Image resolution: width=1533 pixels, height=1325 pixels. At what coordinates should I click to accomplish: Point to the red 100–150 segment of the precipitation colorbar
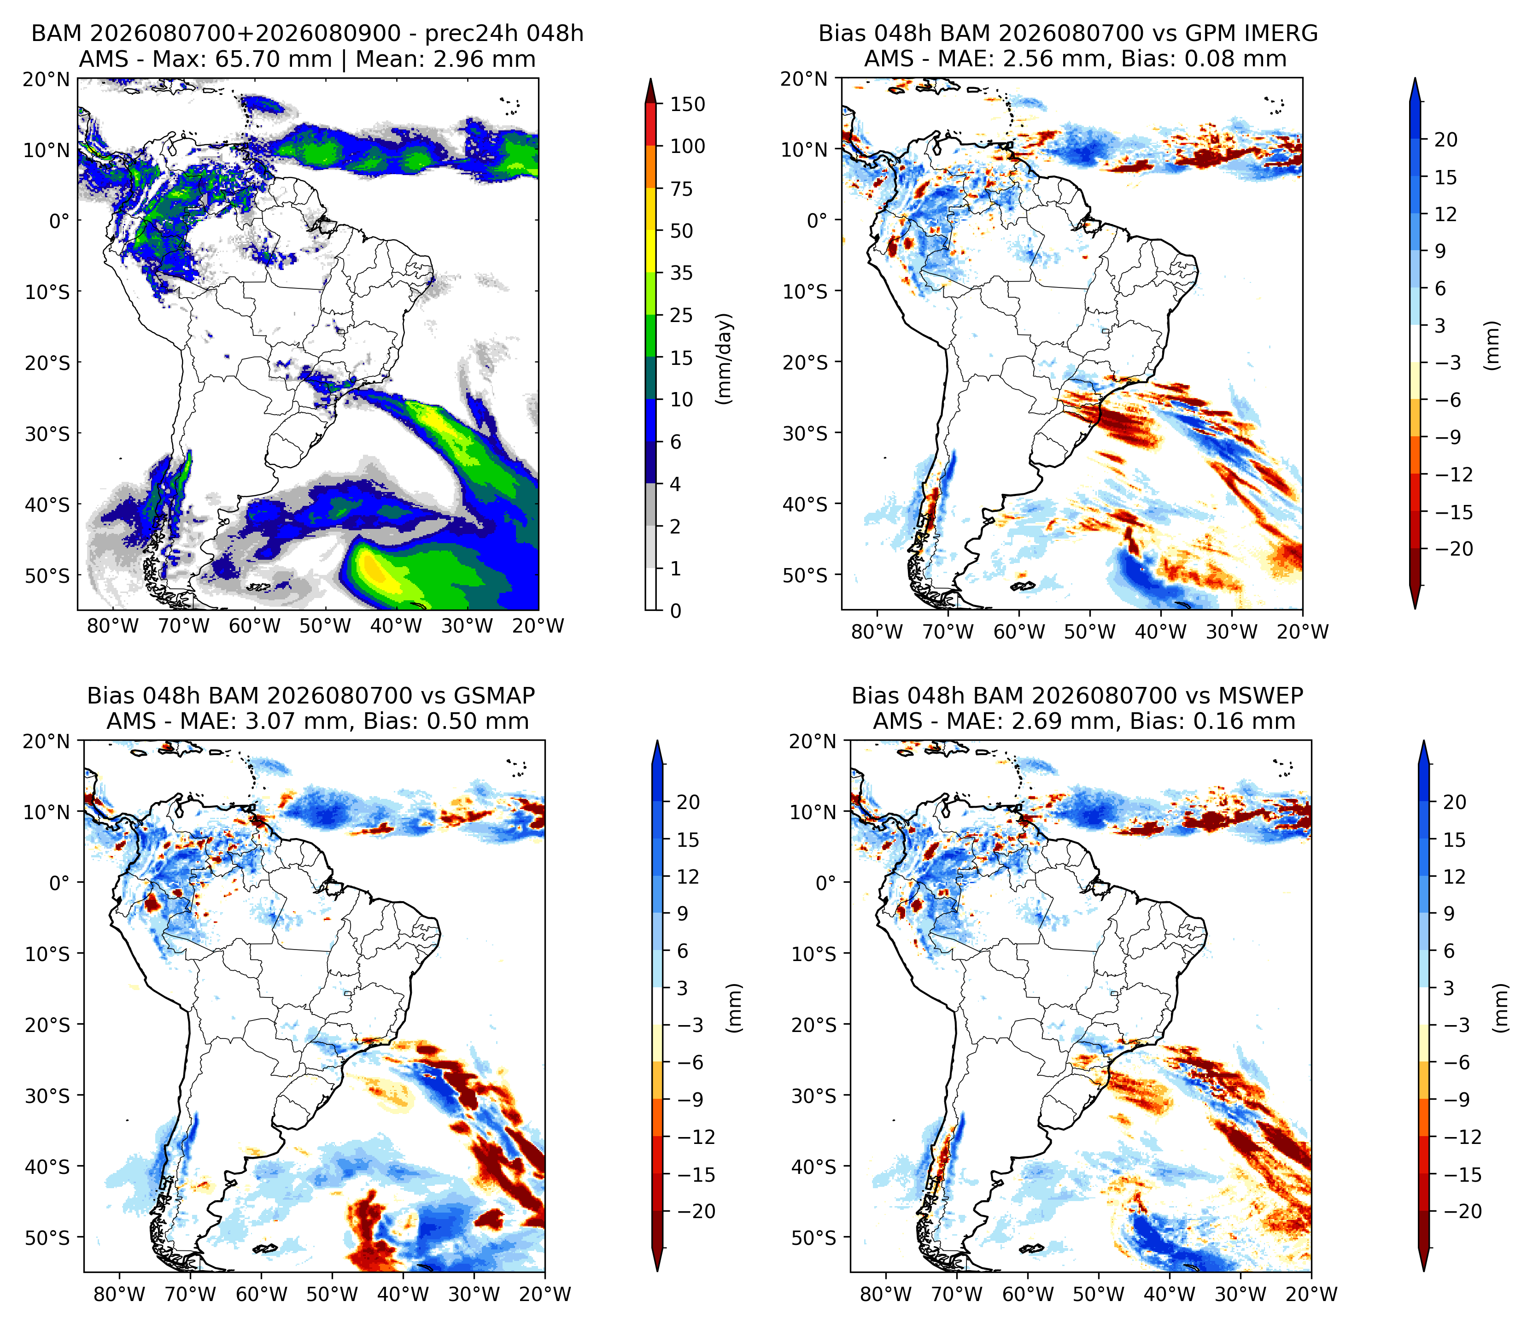651,124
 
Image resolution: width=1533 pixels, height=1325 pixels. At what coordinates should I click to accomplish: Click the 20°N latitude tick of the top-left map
46,79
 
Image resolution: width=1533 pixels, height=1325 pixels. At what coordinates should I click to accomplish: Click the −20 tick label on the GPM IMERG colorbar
1454,549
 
